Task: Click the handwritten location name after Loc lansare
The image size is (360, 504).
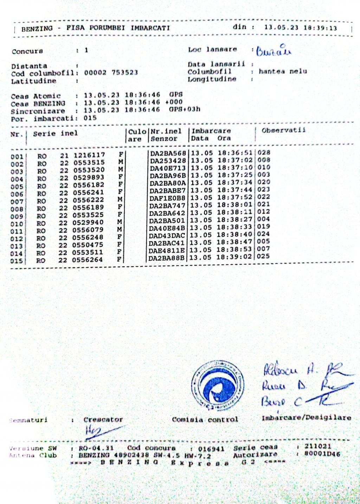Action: [274, 51]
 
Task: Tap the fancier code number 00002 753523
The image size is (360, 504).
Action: [111, 73]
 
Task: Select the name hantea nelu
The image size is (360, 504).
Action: [283, 71]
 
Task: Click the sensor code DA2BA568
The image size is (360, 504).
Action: [168, 154]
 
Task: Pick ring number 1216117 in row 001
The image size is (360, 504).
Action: [89, 155]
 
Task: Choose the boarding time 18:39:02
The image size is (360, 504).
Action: [234, 257]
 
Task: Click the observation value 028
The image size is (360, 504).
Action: [264, 153]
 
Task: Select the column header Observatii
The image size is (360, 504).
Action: [283, 130]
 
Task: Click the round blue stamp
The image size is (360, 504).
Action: [218, 385]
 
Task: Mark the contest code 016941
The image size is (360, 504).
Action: [211, 448]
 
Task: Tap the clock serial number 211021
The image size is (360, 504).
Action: [317, 446]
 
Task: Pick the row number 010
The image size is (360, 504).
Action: [17, 224]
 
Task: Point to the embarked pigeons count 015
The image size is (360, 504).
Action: [90, 118]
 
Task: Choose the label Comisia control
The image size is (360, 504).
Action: [205, 419]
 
